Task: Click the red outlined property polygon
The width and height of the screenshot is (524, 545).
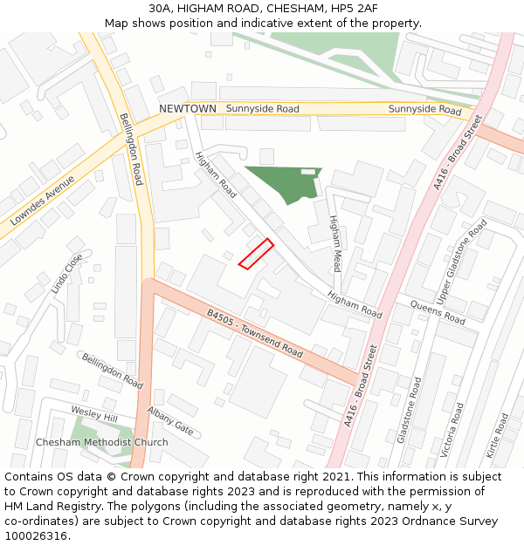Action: (x=256, y=254)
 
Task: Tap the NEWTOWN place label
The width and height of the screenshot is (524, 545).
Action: (x=187, y=109)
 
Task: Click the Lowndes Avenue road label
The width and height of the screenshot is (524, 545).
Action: (x=43, y=201)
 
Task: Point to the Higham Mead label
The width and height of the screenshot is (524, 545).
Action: (x=336, y=243)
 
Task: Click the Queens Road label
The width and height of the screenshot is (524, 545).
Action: (x=437, y=311)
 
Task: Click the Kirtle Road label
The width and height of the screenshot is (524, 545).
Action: (x=500, y=437)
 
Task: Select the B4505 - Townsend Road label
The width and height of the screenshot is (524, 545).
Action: (x=255, y=333)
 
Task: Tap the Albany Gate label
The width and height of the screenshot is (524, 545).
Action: (x=170, y=420)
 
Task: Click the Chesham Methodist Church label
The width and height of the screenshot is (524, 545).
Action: (x=102, y=442)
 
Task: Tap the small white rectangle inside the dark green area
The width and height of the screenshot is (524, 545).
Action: (x=307, y=172)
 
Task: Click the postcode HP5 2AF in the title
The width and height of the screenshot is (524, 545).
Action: (x=349, y=8)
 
